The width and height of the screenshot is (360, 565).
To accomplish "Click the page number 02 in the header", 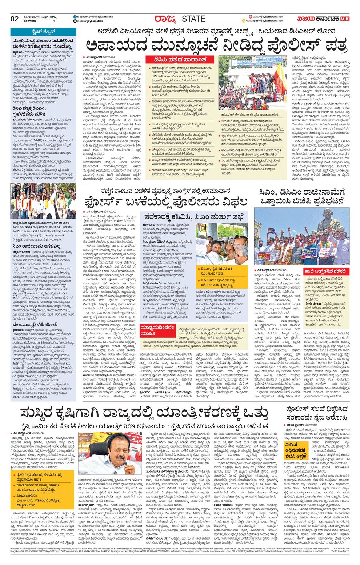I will tap(15, 19).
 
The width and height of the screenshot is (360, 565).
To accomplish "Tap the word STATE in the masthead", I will tap(193, 19).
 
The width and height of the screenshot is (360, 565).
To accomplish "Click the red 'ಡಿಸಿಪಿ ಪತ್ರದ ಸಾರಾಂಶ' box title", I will tap(181, 60).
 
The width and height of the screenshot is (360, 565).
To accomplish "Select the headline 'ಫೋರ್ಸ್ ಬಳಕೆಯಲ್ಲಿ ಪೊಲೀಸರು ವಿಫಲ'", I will tap(165, 202).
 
